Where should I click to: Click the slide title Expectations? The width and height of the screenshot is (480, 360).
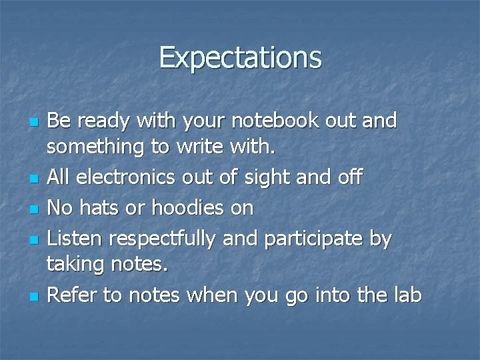tap(240, 57)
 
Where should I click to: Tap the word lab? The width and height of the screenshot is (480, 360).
tap(406, 294)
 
